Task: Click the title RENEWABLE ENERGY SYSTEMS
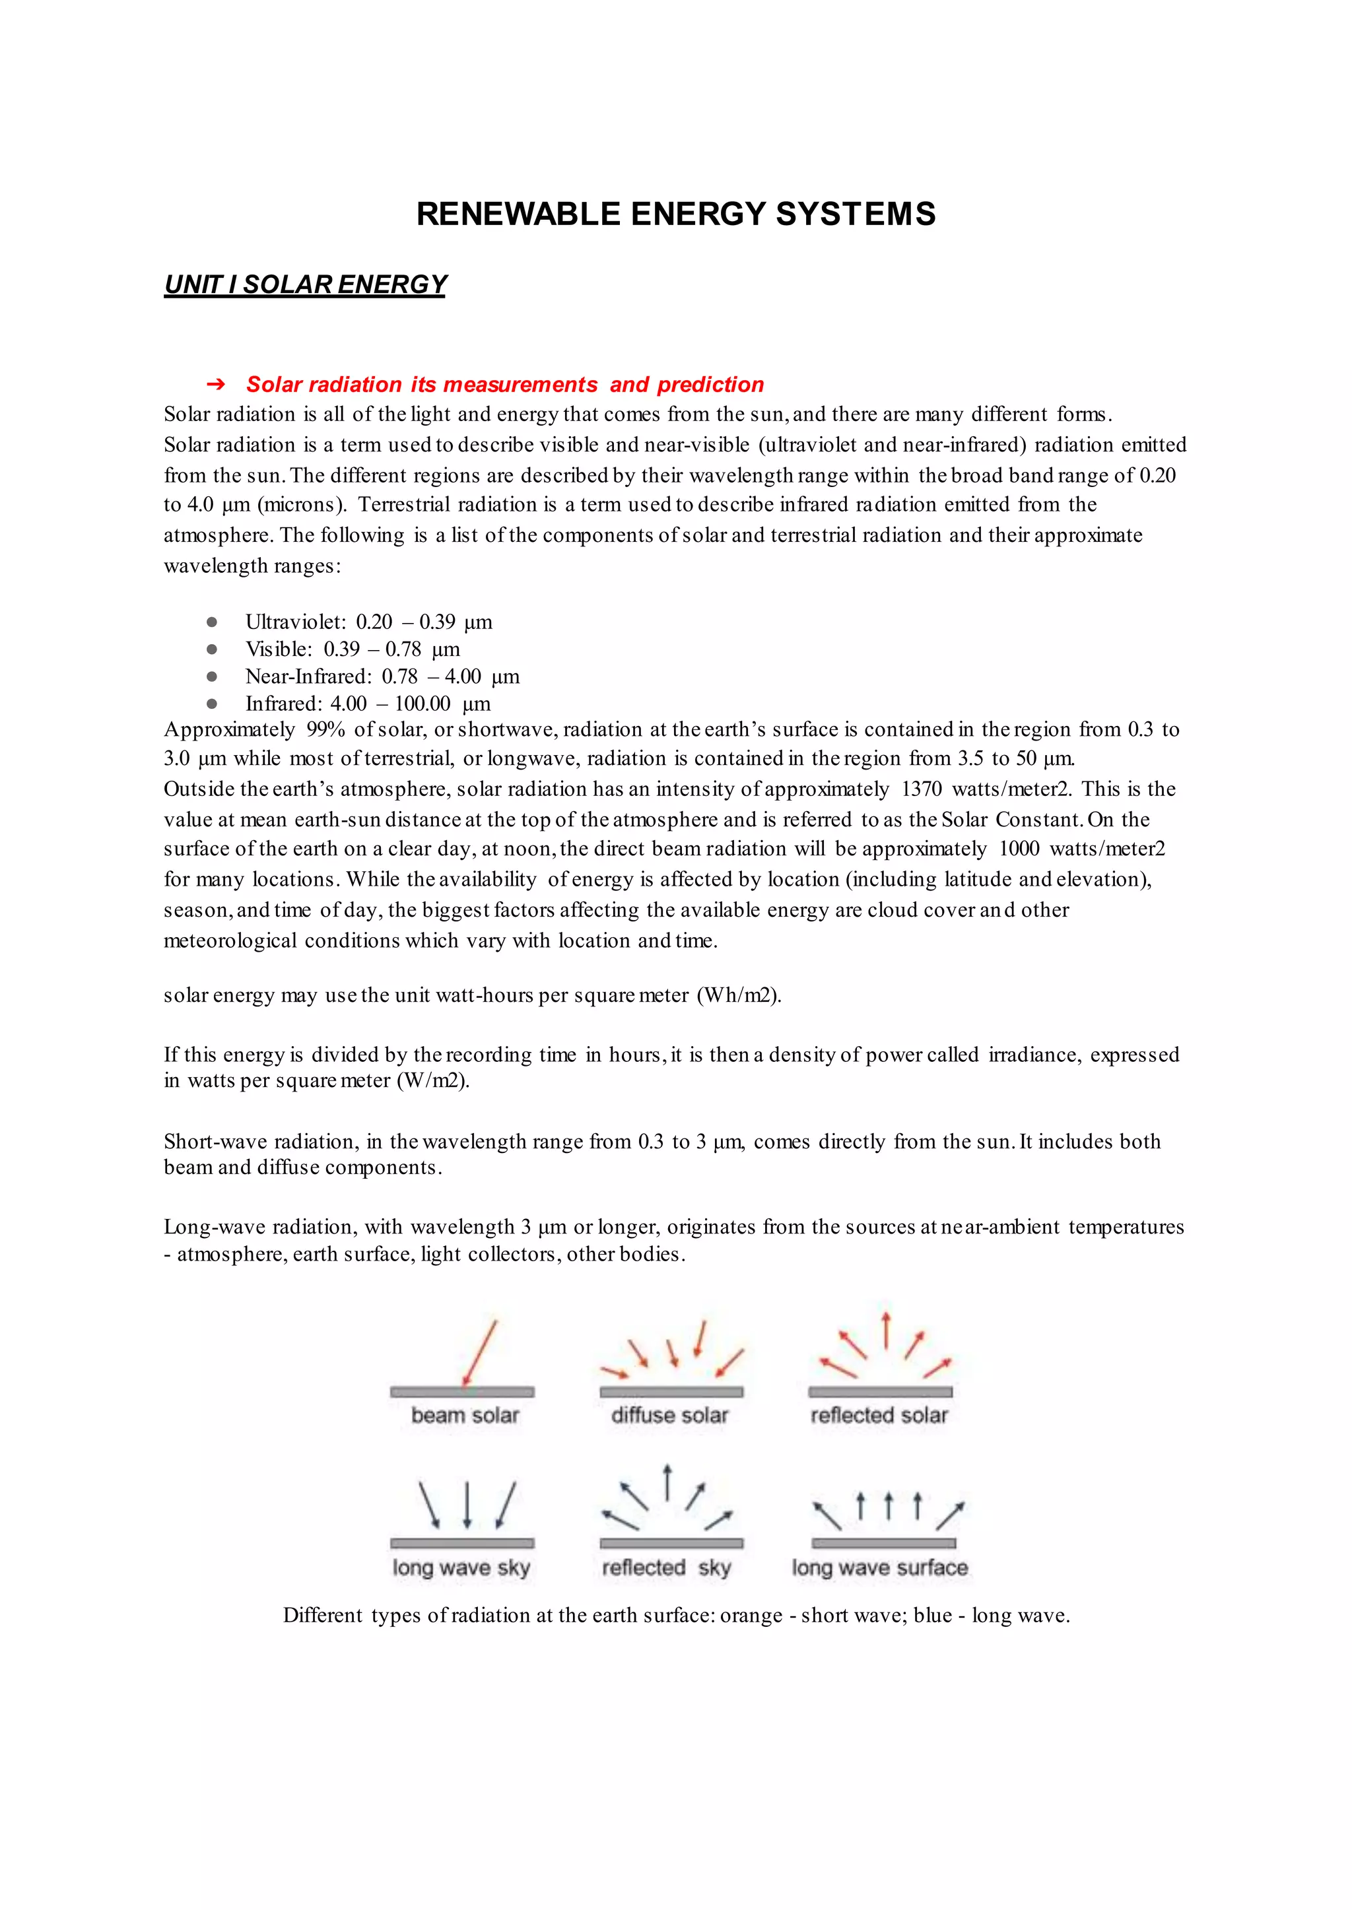[x=675, y=214]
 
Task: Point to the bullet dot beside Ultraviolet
[x=213, y=622]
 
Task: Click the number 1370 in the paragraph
[x=921, y=789]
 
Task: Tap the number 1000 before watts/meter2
[x=1019, y=849]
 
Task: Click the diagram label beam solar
[x=465, y=1416]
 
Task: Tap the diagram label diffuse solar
[x=669, y=1416]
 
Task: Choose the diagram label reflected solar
[x=879, y=1416]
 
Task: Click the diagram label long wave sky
[x=461, y=1568]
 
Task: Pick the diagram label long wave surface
[x=879, y=1568]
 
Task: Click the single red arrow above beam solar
[x=479, y=1352]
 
